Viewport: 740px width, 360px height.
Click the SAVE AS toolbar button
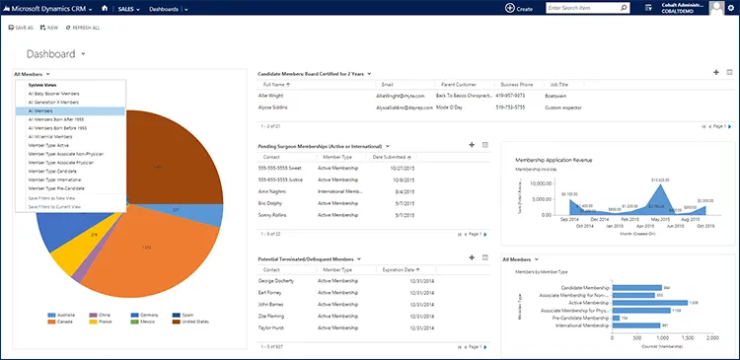[21, 28]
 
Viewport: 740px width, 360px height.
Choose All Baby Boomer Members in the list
[53, 94]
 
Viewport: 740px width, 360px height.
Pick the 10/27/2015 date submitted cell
[389, 169]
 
